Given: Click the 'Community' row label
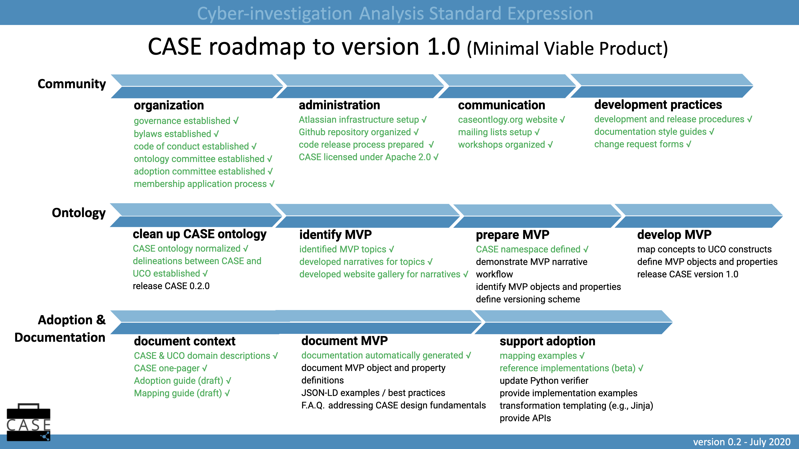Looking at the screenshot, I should [72, 84].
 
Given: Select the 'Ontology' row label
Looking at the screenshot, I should [78, 213].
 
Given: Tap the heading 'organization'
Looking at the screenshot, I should [169, 105].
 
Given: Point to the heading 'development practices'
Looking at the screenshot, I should [658, 105].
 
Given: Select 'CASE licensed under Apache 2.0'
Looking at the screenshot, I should [368, 157].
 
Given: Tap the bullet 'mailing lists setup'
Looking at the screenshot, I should [498, 132].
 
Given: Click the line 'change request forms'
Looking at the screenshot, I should [642, 144].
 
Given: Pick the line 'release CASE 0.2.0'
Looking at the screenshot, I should [171, 286].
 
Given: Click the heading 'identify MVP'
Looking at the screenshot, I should [335, 234].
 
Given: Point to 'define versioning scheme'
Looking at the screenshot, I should [528, 299].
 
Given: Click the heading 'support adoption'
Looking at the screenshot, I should [547, 341].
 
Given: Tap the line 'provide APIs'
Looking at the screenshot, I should [525, 418].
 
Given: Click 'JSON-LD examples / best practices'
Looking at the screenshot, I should [373, 393].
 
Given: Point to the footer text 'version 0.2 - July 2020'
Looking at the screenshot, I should [742, 442].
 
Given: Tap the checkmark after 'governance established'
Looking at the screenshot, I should [236, 121].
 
